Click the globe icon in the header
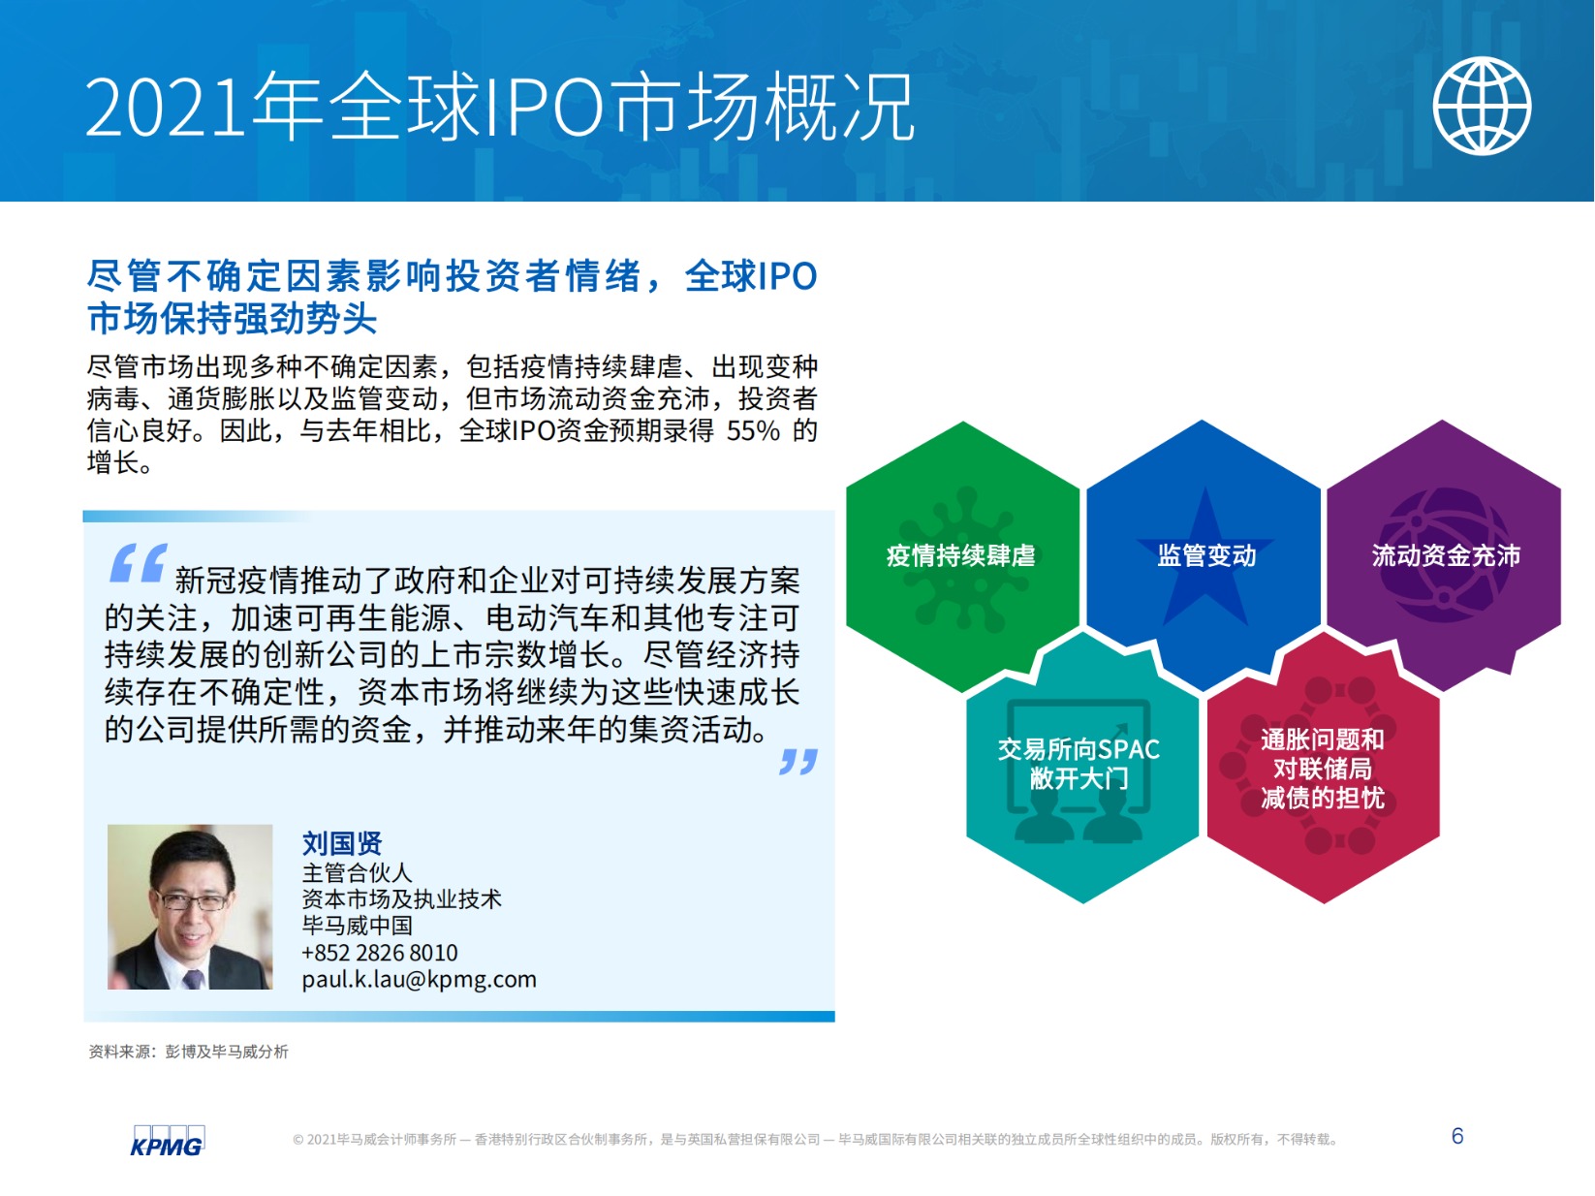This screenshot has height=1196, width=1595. click(1482, 106)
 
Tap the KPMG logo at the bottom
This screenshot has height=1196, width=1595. click(168, 1141)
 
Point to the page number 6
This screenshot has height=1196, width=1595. click(1457, 1136)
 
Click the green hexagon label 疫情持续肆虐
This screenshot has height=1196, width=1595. click(960, 556)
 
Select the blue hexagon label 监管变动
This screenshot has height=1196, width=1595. click(1206, 556)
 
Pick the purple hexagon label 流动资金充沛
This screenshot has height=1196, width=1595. click(1446, 556)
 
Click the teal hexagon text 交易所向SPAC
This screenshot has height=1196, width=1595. click(1079, 749)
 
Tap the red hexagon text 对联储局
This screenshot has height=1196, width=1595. click(1323, 768)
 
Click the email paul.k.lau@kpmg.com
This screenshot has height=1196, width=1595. click(420, 980)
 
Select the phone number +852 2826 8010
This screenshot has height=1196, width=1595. click(380, 953)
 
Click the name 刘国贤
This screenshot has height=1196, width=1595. click(341, 843)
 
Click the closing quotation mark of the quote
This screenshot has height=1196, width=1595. click(797, 762)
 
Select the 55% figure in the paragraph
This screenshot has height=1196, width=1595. click(753, 431)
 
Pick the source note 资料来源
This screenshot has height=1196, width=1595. click(119, 1052)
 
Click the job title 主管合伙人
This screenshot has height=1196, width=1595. click(357, 872)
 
